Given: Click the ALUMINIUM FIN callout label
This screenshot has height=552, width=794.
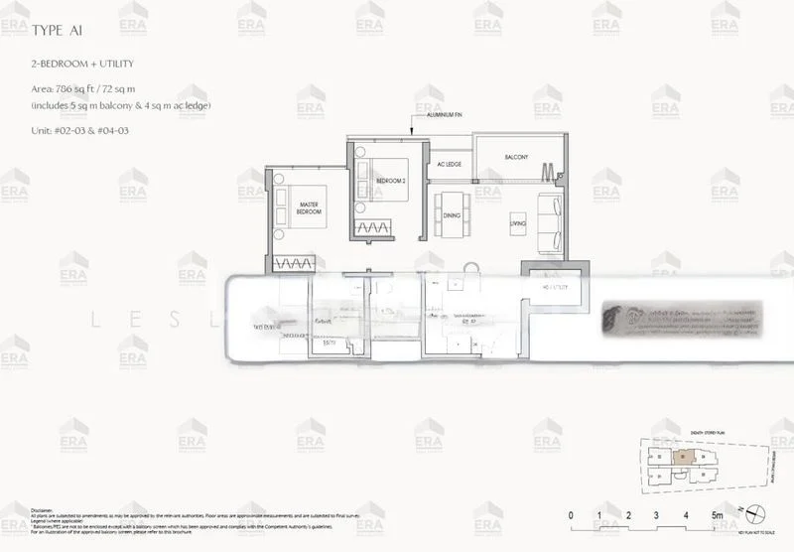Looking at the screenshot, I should click(444, 116).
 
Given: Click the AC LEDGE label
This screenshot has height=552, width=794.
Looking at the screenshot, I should click(450, 164).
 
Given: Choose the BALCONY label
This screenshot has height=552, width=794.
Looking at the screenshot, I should click(515, 158).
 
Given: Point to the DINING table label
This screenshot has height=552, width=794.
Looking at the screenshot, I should click(452, 215).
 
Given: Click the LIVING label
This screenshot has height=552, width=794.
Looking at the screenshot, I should click(517, 223).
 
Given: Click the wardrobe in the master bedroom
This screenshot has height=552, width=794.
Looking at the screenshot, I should click(297, 264).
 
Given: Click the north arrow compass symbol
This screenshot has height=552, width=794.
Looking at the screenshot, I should click(756, 513).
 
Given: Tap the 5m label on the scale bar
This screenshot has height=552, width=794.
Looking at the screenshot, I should click(717, 515).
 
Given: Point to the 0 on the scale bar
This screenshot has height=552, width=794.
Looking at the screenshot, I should click(571, 515).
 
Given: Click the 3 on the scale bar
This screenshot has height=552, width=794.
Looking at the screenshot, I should click(657, 515).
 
